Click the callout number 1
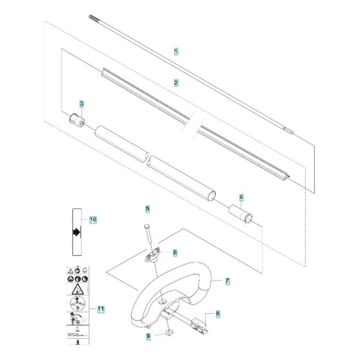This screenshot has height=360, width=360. pos(177,50)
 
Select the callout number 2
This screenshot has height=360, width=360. pos(176,82)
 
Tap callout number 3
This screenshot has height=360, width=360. pos(82,104)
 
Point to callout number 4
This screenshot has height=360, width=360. pos(241,198)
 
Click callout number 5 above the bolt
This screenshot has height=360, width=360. pos(147,210)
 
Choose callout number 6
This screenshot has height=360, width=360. pos(175,253)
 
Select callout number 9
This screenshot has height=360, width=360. pos(147,335)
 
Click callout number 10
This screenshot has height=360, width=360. pos(93,219)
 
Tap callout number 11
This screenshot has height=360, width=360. pos(100,309)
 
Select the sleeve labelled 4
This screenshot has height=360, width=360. pos(244,213)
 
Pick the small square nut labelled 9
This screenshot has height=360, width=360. pos(168,332)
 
